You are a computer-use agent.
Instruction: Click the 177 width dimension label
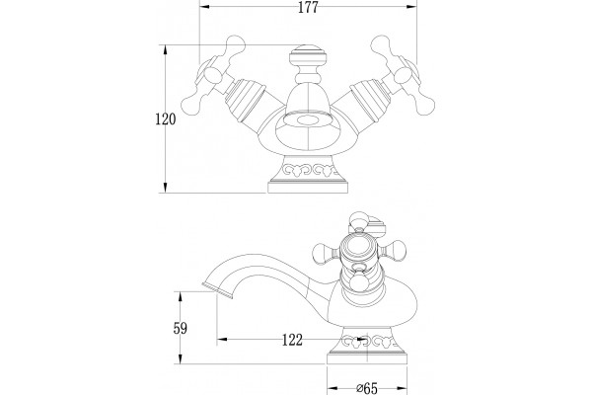click(x=308, y=8)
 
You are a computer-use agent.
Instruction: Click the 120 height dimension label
click(x=166, y=119)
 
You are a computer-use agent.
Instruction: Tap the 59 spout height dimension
click(x=181, y=328)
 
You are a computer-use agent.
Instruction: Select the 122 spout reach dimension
click(x=293, y=340)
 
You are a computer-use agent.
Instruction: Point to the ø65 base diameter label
click(x=367, y=388)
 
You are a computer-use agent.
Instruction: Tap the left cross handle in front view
click(x=213, y=75)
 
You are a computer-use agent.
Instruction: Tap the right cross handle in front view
click(x=403, y=75)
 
